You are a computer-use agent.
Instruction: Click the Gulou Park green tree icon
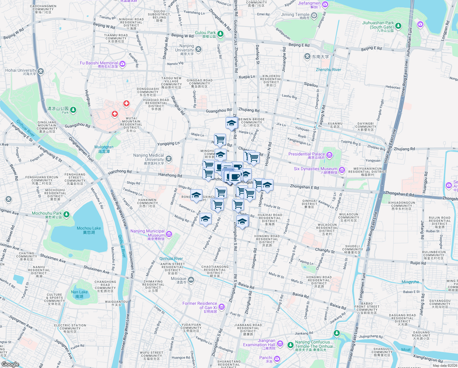click(220, 34)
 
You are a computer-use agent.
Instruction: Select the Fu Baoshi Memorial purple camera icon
click(122, 64)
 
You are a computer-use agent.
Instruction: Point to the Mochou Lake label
click(89, 230)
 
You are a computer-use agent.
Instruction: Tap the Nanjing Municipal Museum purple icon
click(169, 235)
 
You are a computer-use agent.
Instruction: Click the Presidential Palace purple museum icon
click(329, 155)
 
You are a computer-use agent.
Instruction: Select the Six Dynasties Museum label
click(315, 171)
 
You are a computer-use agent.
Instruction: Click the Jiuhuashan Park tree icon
click(398, 26)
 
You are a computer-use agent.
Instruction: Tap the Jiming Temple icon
click(314, 15)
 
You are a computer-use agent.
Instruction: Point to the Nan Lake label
click(79, 294)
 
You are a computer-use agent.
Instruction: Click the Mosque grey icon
click(191, 279)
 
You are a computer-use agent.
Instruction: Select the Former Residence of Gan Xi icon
click(222, 307)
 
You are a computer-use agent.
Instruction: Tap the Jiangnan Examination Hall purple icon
click(280, 344)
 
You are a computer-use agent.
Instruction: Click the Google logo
click(10, 364)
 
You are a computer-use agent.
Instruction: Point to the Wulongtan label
click(104, 149)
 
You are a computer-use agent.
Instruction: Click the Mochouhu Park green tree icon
click(66, 214)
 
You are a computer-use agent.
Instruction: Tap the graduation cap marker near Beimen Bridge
click(231, 123)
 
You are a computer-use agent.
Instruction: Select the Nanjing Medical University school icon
click(169, 159)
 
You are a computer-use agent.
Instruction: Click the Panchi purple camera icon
click(277, 358)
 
